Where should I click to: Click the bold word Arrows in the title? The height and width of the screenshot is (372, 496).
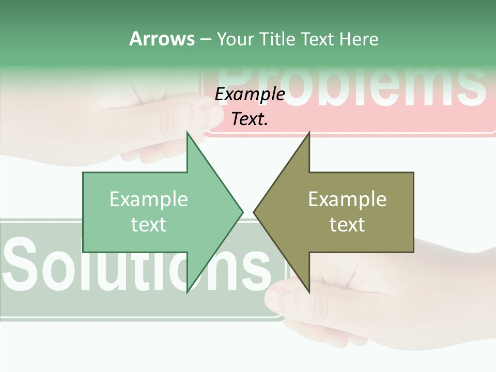(162, 39)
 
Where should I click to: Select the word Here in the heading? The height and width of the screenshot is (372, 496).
(359, 39)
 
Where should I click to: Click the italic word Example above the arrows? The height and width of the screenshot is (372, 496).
(250, 94)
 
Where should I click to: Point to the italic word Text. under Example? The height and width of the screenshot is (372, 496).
(250, 119)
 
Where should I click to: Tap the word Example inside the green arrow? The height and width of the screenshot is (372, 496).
(148, 199)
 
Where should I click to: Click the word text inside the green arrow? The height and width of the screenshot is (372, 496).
(148, 224)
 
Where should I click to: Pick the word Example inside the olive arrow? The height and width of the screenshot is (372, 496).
(347, 199)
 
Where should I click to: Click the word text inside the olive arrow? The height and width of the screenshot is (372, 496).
(347, 224)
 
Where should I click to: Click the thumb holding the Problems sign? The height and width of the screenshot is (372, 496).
(207, 115)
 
